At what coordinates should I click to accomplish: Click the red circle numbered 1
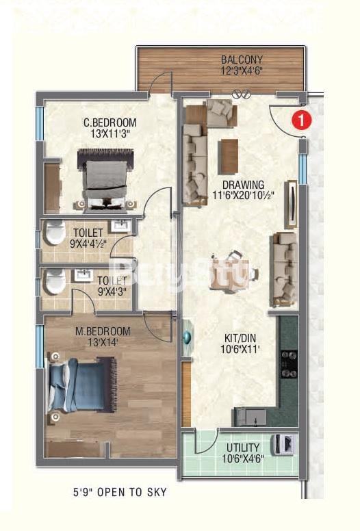301,120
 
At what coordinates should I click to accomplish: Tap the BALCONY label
242,60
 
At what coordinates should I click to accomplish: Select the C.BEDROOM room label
110,122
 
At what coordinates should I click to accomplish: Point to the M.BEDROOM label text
103,331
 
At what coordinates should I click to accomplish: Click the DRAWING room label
243,185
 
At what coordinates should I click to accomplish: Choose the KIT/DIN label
240,338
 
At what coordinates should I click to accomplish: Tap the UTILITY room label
243,448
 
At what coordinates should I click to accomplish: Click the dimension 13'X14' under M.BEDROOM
103,342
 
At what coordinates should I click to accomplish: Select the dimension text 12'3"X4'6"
242,71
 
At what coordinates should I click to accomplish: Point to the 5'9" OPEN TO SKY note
120,492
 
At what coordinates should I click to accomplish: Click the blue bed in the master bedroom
82,385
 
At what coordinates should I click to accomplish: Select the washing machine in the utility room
284,443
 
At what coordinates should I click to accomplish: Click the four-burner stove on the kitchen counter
289,364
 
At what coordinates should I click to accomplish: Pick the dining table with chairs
233,272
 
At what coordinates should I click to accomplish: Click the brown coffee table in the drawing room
229,157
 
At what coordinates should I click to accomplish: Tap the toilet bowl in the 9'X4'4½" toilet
55,233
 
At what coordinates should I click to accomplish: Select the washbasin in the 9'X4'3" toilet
83,275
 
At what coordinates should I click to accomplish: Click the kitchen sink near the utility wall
250,417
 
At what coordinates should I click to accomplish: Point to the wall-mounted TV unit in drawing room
292,204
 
